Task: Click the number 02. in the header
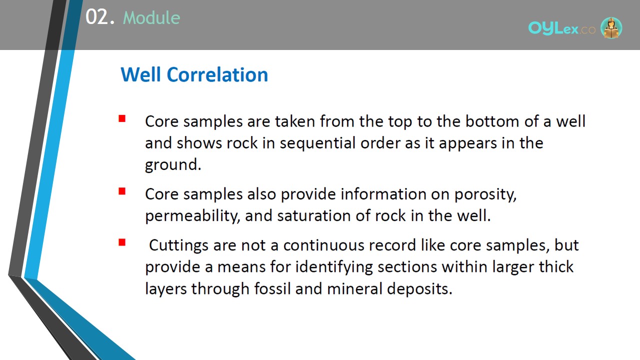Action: point(99,17)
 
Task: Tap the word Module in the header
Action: point(151,17)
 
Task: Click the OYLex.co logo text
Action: point(561,28)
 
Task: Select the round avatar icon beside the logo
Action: point(611,28)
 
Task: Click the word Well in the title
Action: point(140,74)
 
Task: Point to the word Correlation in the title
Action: point(217,74)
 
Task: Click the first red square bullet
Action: point(122,118)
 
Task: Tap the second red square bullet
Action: point(122,191)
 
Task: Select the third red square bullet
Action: point(122,242)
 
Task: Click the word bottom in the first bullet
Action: point(492,121)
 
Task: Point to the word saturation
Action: point(313,215)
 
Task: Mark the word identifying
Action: point(334,267)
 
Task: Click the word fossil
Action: point(272,288)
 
